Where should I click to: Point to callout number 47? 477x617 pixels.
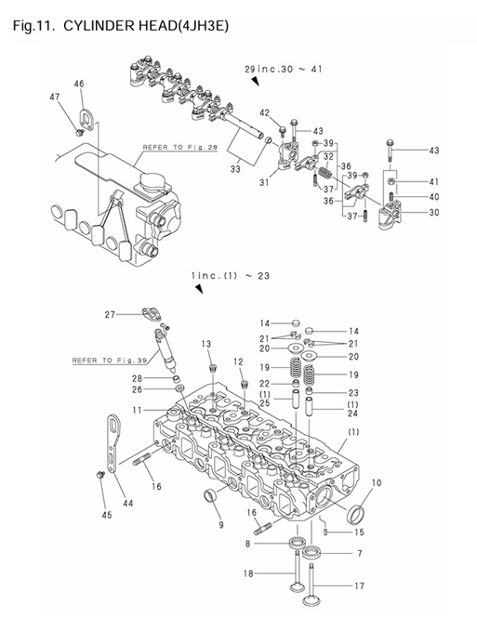click(55, 98)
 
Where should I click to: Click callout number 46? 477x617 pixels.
click(80, 85)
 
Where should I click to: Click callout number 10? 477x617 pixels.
click(377, 483)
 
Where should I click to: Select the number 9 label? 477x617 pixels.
click(220, 525)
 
